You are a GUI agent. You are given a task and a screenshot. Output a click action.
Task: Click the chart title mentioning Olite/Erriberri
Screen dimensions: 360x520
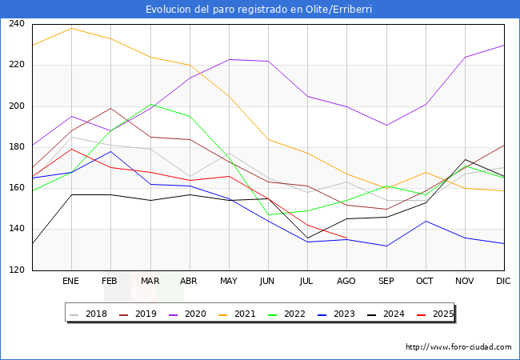259,9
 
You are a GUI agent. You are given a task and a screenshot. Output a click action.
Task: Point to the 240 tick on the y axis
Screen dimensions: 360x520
17,24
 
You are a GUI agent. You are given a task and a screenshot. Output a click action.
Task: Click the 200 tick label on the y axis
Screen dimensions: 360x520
17,106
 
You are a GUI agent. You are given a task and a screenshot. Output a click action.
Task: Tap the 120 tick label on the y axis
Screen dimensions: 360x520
17,270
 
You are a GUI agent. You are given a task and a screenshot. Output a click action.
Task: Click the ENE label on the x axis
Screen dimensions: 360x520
71,282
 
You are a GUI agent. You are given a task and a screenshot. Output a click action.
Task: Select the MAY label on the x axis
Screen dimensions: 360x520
229,282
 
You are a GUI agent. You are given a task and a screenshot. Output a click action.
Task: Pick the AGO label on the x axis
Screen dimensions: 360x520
346,282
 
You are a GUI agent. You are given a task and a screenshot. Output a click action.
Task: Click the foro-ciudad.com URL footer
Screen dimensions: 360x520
458,347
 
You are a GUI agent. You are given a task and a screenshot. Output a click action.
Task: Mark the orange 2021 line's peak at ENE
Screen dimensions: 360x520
71,29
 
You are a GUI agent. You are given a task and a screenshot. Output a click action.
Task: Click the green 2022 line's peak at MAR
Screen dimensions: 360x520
150,104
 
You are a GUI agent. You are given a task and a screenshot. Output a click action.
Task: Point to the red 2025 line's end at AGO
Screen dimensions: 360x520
346,238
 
